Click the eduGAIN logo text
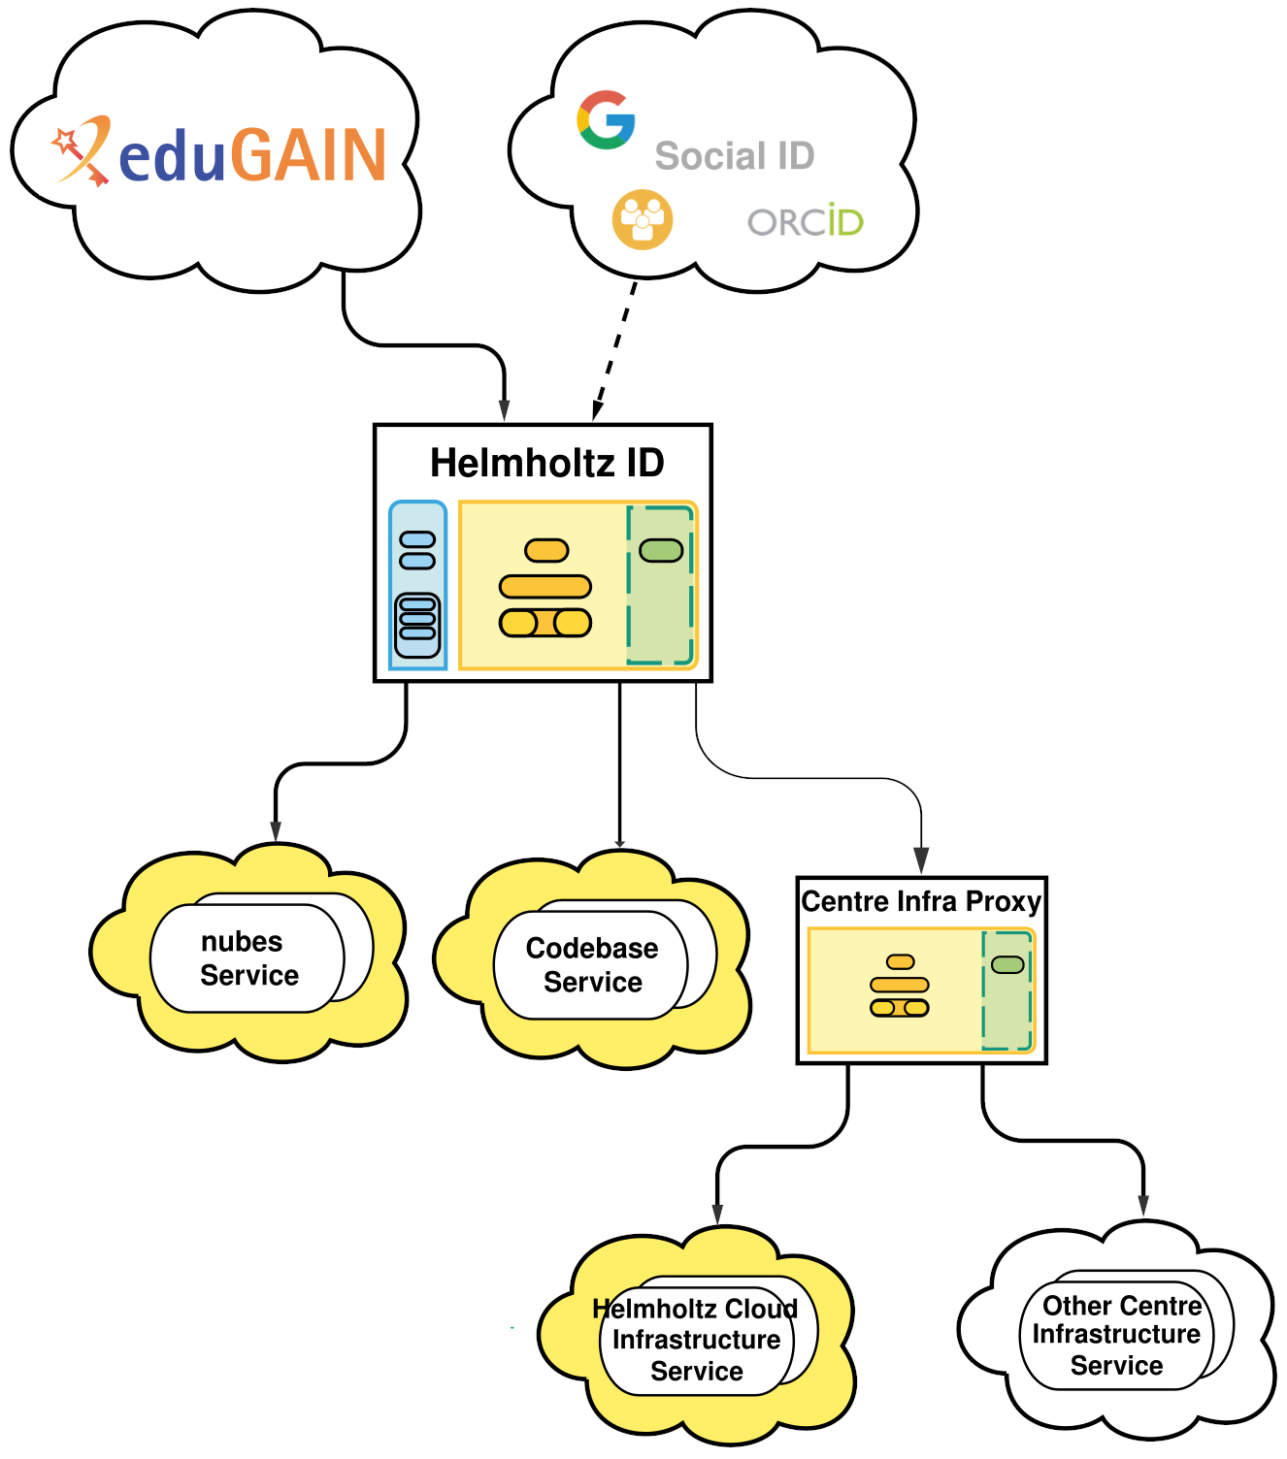[x=252, y=155]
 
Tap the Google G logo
[x=607, y=119]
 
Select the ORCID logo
[x=806, y=222]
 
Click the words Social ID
[x=735, y=156]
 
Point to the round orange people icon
[x=642, y=219]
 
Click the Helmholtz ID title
[x=546, y=463]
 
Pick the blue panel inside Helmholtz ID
[x=417, y=585]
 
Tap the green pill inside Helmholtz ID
[x=661, y=551]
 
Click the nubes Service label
[x=247, y=958]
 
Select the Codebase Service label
[x=592, y=964]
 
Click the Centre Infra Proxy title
[x=921, y=901]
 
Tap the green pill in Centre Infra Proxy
[x=1007, y=964]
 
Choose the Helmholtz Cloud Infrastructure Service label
[x=696, y=1340]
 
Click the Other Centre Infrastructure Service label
[x=1117, y=1335]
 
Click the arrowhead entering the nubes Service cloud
[x=276, y=831]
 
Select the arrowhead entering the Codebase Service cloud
[x=620, y=841]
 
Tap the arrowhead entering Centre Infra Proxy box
[x=921, y=859]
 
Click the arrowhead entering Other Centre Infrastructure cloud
[x=1143, y=1205]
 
